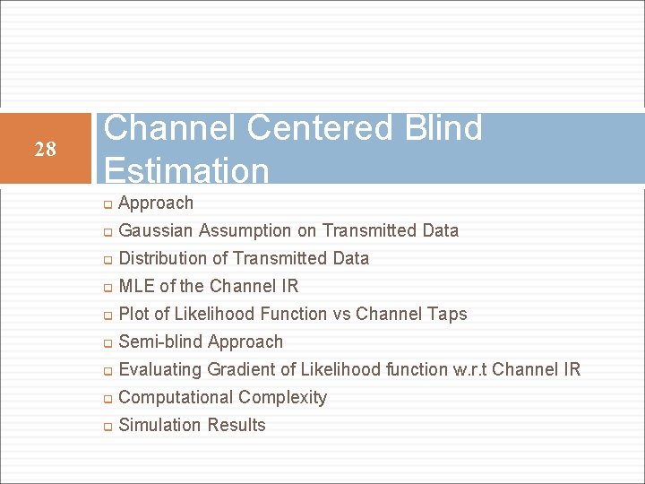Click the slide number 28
45,149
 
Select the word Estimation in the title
186,170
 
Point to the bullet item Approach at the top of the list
156,203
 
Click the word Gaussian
156,230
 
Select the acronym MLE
136,286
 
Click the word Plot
133,314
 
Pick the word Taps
447,314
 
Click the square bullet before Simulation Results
107,427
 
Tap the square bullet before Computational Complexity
107,399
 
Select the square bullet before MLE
107,288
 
